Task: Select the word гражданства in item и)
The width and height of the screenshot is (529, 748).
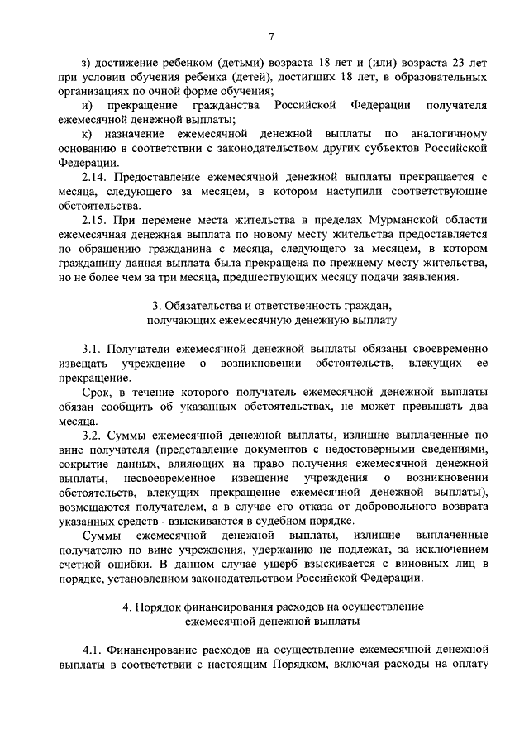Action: [x=222, y=106]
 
